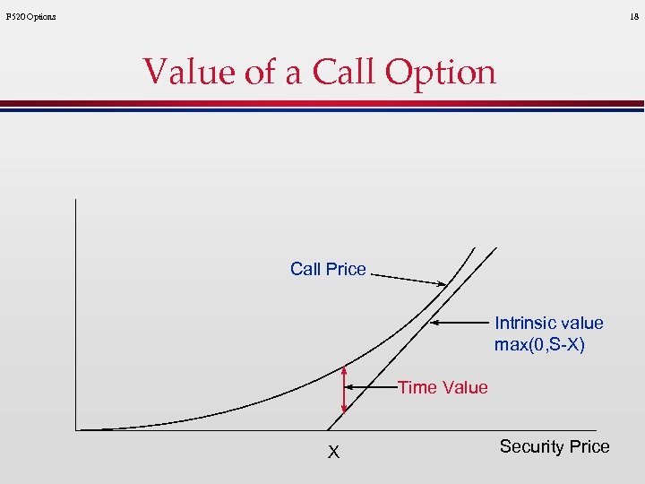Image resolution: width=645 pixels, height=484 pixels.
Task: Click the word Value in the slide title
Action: point(189,72)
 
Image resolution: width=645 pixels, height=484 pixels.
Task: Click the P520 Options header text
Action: point(30,17)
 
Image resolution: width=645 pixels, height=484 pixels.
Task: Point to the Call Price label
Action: point(328,269)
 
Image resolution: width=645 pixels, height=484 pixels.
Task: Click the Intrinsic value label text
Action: point(548,323)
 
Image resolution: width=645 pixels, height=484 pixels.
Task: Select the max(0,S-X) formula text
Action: point(539,344)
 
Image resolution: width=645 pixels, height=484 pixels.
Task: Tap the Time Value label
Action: point(443,387)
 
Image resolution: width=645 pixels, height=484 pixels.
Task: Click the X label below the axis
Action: point(333,453)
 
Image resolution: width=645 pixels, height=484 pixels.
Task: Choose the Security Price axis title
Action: point(554,446)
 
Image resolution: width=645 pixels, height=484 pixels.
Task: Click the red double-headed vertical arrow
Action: point(344,397)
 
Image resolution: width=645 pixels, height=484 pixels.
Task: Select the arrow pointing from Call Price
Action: point(408,280)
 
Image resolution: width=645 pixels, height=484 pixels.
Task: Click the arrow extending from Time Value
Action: point(371,387)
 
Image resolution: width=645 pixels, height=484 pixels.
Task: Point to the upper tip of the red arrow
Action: point(344,367)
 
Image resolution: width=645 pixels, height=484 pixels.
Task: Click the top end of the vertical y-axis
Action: point(77,199)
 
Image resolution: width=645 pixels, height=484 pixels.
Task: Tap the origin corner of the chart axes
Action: point(77,430)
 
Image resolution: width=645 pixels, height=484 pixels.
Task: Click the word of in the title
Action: point(261,72)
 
